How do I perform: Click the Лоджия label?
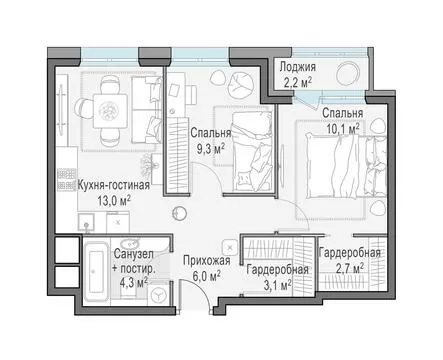[x=297, y=67]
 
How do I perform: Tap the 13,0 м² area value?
[x=114, y=201]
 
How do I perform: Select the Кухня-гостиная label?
[x=113, y=185]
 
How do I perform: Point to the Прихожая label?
[x=207, y=260]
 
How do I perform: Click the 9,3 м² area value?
[x=210, y=149]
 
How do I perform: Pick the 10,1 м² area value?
[x=343, y=128]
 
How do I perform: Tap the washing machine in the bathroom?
[x=158, y=294]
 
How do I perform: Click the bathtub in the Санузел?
[x=96, y=272]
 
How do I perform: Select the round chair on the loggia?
[x=349, y=74]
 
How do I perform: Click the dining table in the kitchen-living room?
[x=110, y=111]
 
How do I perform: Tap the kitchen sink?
[x=86, y=222]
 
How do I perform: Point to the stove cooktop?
[x=67, y=180]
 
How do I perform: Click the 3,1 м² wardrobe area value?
[x=278, y=285]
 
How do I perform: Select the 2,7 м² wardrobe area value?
[x=349, y=268]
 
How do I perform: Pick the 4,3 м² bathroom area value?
[x=134, y=282]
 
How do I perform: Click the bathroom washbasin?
[x=130, y=243]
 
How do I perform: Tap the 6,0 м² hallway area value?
[x=207, y=276]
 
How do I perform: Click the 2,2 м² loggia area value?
[x=298, y=82]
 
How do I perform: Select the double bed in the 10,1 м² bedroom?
[x=347, y=166]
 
